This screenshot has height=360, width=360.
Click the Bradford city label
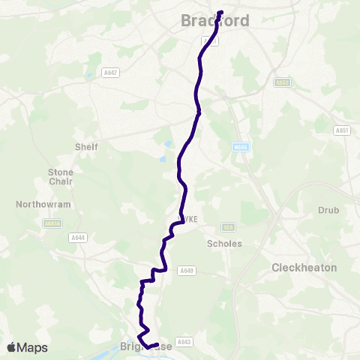214,22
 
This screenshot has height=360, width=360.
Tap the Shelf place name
86,147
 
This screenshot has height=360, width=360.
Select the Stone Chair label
61,176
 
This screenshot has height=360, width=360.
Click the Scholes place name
224,244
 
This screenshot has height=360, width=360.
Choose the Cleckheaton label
304,268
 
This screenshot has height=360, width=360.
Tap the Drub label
329,211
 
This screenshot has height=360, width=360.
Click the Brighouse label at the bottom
142,347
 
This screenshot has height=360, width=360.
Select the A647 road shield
112,73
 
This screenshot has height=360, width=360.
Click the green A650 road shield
281,82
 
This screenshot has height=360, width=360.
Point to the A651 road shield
342,130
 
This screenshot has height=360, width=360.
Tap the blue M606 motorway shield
240,148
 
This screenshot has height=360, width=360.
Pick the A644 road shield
77,238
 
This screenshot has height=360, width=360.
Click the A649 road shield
187,270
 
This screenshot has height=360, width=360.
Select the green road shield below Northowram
52,223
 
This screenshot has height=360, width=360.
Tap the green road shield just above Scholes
229,226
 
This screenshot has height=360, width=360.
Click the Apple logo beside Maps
12,347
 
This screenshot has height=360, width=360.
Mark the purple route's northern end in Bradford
221,11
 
